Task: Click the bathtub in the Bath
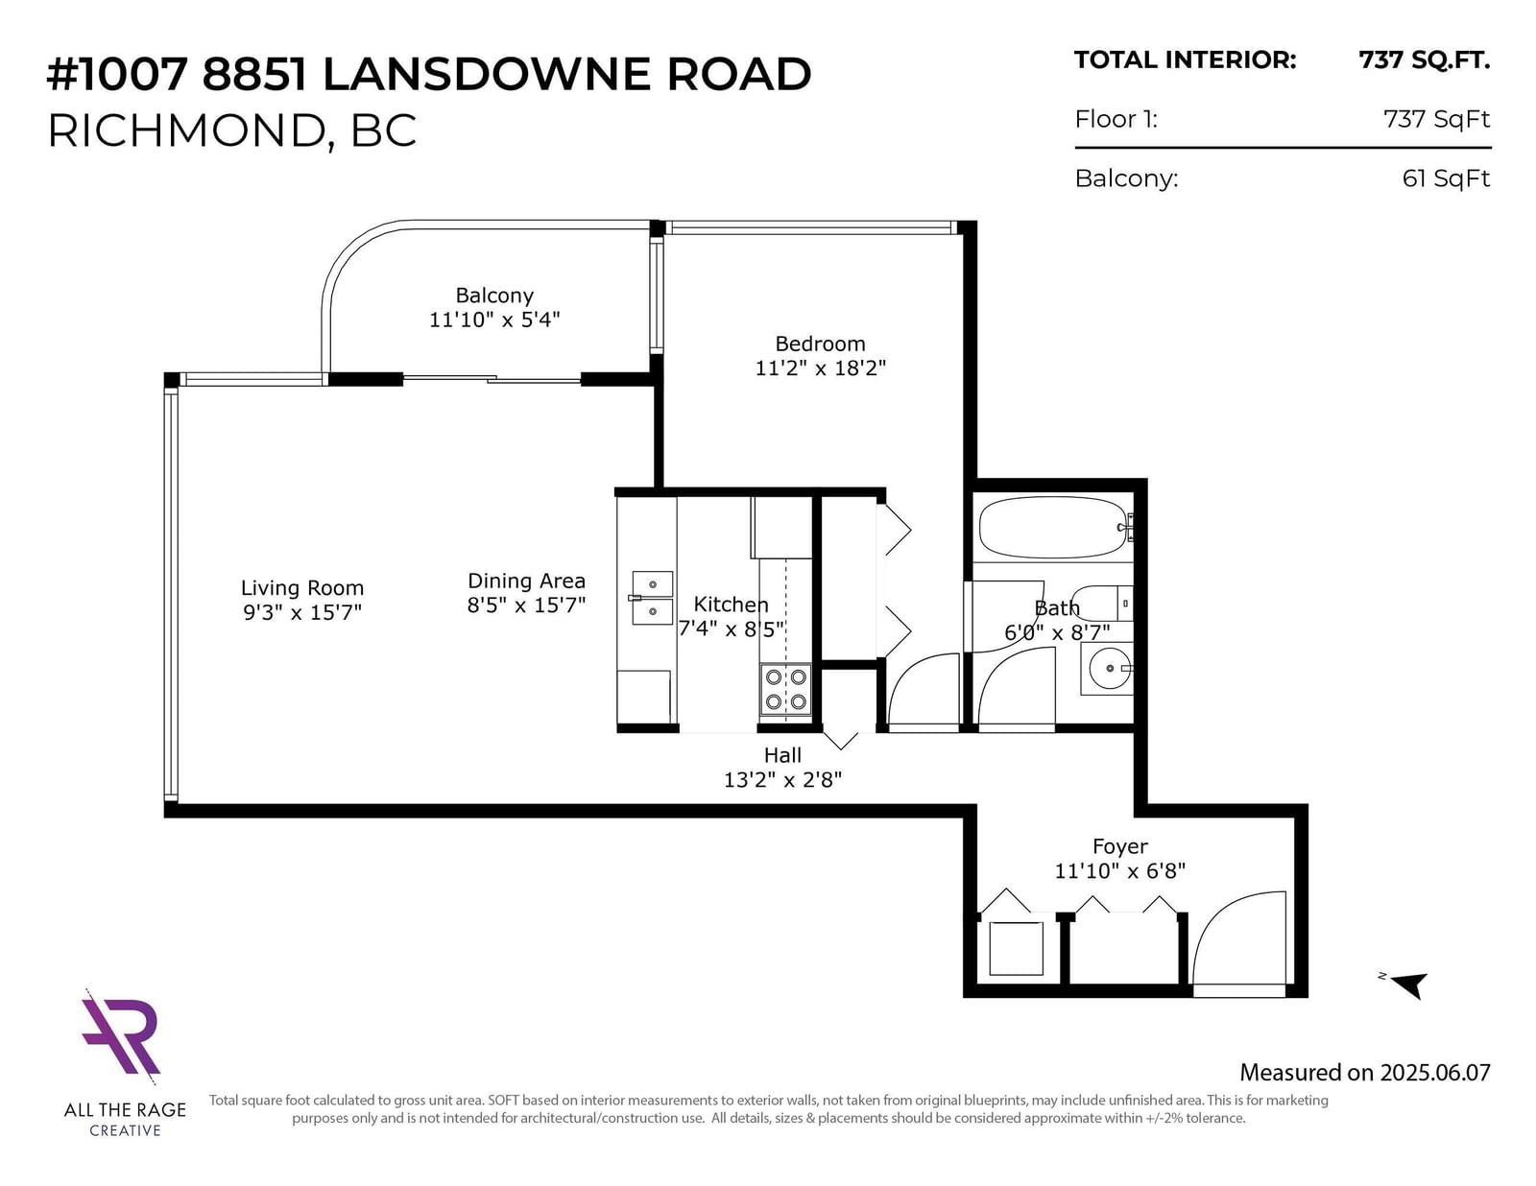pos(1052,527)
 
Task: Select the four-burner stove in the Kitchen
pos(786,689)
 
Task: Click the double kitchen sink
pos(652,598)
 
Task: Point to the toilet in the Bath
pos(1101,604)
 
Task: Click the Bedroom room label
pos(820,344)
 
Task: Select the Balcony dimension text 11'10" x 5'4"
pos(494,320)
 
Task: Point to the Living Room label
pos(301,587)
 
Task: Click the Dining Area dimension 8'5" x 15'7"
pos(526,605)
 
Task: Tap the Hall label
pos(782,755)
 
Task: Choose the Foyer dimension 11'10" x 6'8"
pos(1119,871)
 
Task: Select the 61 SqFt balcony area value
pos(1446,178)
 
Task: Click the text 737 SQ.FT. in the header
pos(1424,60)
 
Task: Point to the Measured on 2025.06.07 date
pos(1365,1072)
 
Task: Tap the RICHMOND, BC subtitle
pos(232,130)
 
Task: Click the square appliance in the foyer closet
pos(1016,949)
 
